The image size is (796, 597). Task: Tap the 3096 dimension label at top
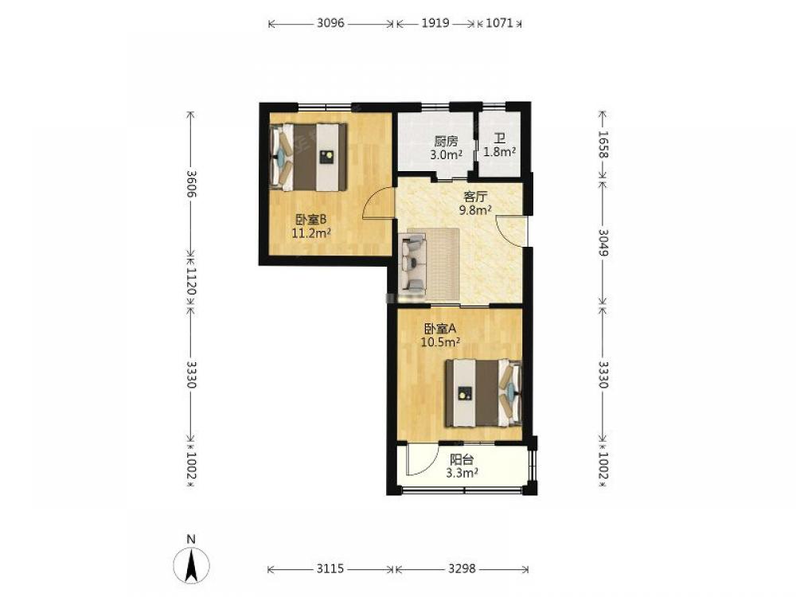330,23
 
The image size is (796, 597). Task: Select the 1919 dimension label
435,23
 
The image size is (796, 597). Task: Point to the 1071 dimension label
500,23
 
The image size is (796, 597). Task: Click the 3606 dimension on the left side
191,183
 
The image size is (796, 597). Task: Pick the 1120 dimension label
191,281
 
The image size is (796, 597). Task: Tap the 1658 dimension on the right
603,144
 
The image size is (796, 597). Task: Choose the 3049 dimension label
603,242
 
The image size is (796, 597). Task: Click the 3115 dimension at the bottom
330,568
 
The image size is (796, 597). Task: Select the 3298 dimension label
462,568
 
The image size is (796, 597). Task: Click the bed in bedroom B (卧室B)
309,157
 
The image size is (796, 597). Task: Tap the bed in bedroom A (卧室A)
483,392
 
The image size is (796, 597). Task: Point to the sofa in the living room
414,263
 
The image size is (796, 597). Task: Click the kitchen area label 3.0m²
446,154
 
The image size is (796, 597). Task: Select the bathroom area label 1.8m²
500,151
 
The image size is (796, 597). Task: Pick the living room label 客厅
476,196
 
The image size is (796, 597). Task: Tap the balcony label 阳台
462,459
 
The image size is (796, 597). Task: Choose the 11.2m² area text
311,233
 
